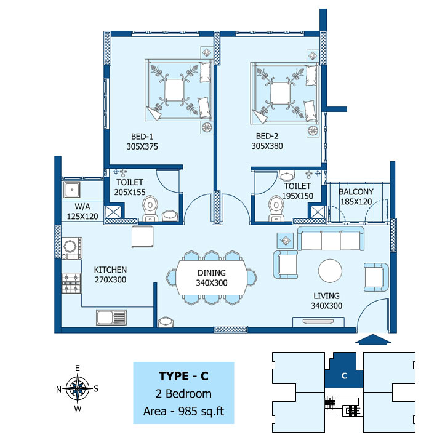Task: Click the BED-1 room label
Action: point(142,137)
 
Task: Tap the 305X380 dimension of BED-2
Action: point(267,146)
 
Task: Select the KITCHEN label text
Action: point(110,270)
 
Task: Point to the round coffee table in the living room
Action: point(330,271)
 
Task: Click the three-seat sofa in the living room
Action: point(331,239)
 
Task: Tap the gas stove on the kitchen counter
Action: point(71,283)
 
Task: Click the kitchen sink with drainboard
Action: point(111,317)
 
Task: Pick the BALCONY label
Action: point(356,192)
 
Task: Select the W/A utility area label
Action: point(82,206)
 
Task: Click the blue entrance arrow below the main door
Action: point(373,339)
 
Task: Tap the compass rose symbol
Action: point(78,388)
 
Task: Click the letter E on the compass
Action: point(77,368)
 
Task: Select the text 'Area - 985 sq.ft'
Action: point(183,411)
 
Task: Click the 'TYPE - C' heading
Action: point(183,376)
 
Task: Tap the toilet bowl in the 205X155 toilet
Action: point(150,208)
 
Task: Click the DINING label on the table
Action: point(212,273)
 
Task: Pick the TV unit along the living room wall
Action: point(318,322)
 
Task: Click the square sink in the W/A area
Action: point(72,190)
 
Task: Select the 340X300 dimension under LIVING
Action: point(326,306)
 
